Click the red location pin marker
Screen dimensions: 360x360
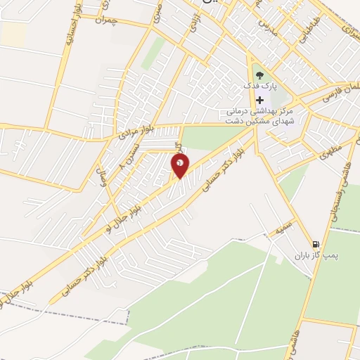point(181,165)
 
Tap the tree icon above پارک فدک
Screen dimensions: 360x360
point(260,74)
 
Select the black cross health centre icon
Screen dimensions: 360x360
point(260,101)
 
